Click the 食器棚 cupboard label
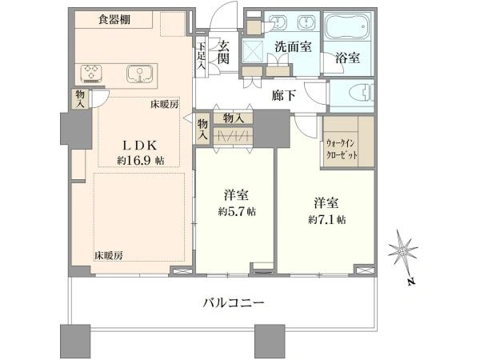point(114,19)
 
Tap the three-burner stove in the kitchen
point(91,74)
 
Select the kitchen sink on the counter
point(139,74)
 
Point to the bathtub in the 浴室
point(348,26)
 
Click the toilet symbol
point(362,93)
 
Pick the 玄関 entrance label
point(223,52)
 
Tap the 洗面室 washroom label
point(293,46)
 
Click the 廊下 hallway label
point(284,95)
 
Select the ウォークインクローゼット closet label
point(342,149)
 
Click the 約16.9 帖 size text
point(141,160)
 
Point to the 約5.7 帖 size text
point(238,211)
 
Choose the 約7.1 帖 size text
point(327,219)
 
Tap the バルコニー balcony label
point(234,303)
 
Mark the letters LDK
point(140,146)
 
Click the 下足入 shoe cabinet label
point(202,56)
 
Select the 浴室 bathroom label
point(347,58)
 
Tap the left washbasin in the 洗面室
point(278,22)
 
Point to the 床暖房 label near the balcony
point(108,255)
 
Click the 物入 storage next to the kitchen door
point(80,99)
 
